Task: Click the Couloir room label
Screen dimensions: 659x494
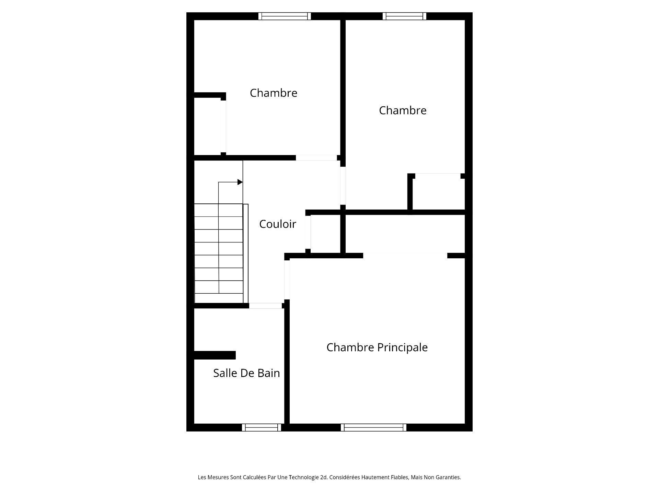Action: pyautogui.click(x=277, y=224)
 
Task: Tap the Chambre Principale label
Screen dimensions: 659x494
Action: pyautogui.click(x=377, y=348)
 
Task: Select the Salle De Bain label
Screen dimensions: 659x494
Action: pyautogui.click(x=246, y=373)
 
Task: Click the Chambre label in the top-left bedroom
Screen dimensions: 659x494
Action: pyautogui.click(x=273, y=93)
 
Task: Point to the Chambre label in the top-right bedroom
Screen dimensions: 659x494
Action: pyautogui.click(x=403, y=110)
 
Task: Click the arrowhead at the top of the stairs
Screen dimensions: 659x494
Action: pyautogui.click(x=240, y=182)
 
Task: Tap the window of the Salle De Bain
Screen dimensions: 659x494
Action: pyautogui.click(x=262, y=427)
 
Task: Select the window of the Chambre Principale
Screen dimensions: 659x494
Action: pyautogui.click(x=373, y=427)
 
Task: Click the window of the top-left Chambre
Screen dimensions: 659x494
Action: pyautogui.click(x=285, y=16)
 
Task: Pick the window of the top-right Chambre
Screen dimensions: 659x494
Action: pyautogui.click(x=404, y=16)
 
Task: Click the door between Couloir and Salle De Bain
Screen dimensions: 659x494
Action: pyautogui.click(x=266, y=306)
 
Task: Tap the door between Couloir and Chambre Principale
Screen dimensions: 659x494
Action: pyautogui.click(x=287, y=280)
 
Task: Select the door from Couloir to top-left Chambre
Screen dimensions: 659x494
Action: pyautogui.click(x=316, y=158)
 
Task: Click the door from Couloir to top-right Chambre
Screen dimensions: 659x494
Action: pyautogui.click(x=343, y=186)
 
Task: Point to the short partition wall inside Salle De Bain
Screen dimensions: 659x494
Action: pyautogui.click(x=215, y=355)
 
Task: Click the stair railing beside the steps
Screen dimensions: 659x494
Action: pyautogui.click(x=245, y=254)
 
